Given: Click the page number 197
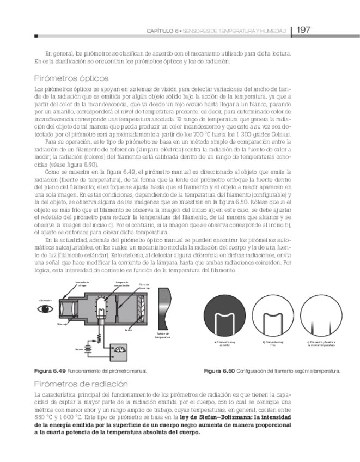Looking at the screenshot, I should (x=303, y=30).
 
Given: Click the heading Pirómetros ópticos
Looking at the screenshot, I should (x=71, y=78).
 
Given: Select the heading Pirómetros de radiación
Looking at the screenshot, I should (x=81, y=384).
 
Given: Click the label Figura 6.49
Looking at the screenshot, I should (x=47, y=371).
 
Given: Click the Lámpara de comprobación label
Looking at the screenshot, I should (x=122, y=283).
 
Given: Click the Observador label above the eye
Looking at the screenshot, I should (x=45, y=300).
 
